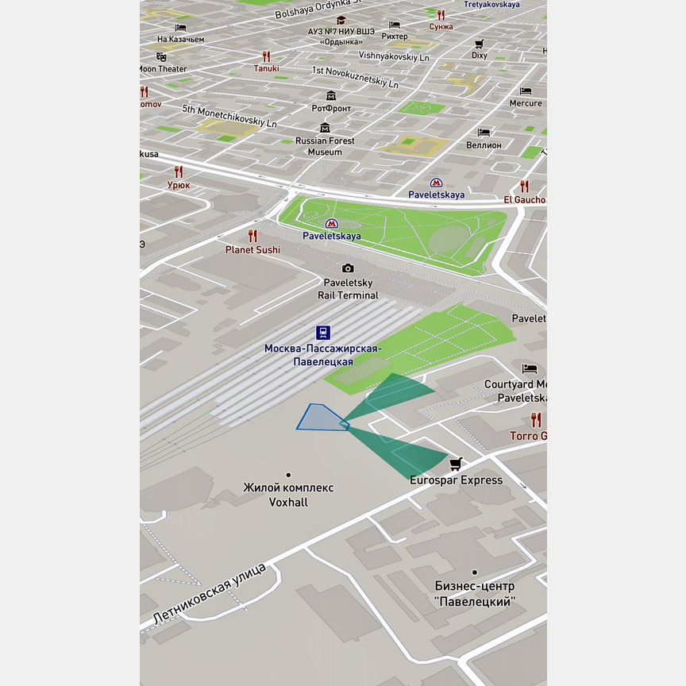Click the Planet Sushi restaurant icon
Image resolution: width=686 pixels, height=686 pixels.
252,235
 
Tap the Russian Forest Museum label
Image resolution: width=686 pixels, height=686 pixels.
324,146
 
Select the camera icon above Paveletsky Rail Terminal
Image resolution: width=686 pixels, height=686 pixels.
348,268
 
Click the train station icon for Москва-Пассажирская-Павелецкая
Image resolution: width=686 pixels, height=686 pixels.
323,332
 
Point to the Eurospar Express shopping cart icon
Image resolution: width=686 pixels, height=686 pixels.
456,464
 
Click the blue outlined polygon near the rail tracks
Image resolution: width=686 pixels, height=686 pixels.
320,418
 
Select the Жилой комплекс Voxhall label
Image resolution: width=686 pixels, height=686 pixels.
288,495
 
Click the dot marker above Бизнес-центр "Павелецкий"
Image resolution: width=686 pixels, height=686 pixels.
474,572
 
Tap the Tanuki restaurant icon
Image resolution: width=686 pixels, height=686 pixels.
267,56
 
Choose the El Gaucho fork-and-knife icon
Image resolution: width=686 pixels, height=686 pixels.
524,187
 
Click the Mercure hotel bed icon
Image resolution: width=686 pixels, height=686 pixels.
526,91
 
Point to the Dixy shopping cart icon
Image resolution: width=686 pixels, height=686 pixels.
480,44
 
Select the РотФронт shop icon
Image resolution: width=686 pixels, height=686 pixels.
331,95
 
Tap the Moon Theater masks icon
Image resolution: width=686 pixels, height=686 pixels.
161,56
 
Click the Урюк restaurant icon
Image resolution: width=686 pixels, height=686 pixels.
179,171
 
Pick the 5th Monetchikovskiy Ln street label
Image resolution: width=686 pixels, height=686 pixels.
229,116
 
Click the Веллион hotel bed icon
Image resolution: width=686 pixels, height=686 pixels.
484,132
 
